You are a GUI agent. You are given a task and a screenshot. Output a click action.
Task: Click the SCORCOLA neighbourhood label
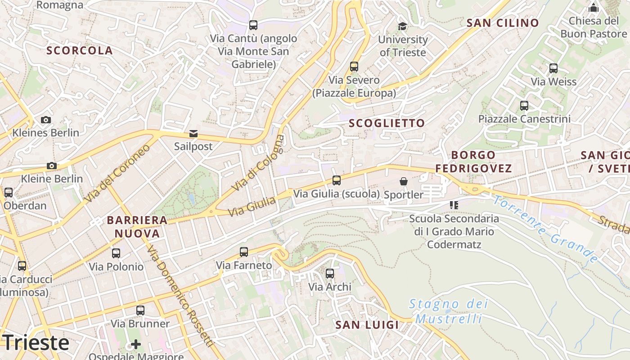80,50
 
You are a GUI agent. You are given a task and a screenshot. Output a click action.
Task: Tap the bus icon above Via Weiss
553,68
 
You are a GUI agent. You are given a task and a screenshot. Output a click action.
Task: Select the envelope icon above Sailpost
193,133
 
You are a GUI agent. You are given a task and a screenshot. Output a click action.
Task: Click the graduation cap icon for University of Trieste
402,27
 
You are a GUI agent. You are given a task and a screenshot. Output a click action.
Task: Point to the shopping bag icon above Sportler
404,181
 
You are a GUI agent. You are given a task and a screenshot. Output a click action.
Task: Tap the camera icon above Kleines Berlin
45,120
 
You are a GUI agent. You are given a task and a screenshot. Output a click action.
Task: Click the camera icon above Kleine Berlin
52,166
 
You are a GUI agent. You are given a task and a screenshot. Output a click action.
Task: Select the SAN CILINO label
503,23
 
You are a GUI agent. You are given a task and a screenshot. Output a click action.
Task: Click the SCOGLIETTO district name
387,123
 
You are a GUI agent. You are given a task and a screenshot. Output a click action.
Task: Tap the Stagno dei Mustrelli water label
448,311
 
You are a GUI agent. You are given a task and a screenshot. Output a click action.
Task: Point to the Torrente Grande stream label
545,229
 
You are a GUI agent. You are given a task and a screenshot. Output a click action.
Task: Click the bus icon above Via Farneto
244,252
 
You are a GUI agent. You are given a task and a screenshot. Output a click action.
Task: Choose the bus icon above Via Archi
330,273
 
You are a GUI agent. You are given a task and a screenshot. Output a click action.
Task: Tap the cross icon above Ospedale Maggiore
136,345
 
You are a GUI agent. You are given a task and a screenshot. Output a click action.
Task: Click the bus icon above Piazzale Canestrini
524,106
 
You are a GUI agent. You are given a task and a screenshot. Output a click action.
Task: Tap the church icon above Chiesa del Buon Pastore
594,8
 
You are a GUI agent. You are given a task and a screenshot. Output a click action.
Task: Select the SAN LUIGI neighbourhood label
367,325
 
